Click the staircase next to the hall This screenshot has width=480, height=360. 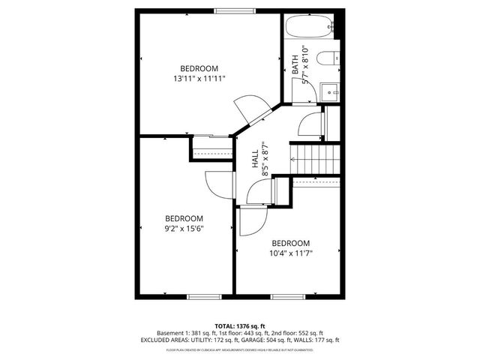click(x=307, y=158)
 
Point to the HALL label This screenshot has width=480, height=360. click(x=255, y=158)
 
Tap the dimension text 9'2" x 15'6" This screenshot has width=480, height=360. click(x=184, y=228)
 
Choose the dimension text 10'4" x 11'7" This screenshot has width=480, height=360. click(x=291, y=253)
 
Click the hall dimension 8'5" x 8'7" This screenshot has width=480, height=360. click(x=265, y=158)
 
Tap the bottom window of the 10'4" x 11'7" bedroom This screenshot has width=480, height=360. click(x=286, y=297)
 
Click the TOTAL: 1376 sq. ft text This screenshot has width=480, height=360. click(x=239, y=325)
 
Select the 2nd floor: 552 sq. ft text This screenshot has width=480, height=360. click(x=299, y=333)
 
